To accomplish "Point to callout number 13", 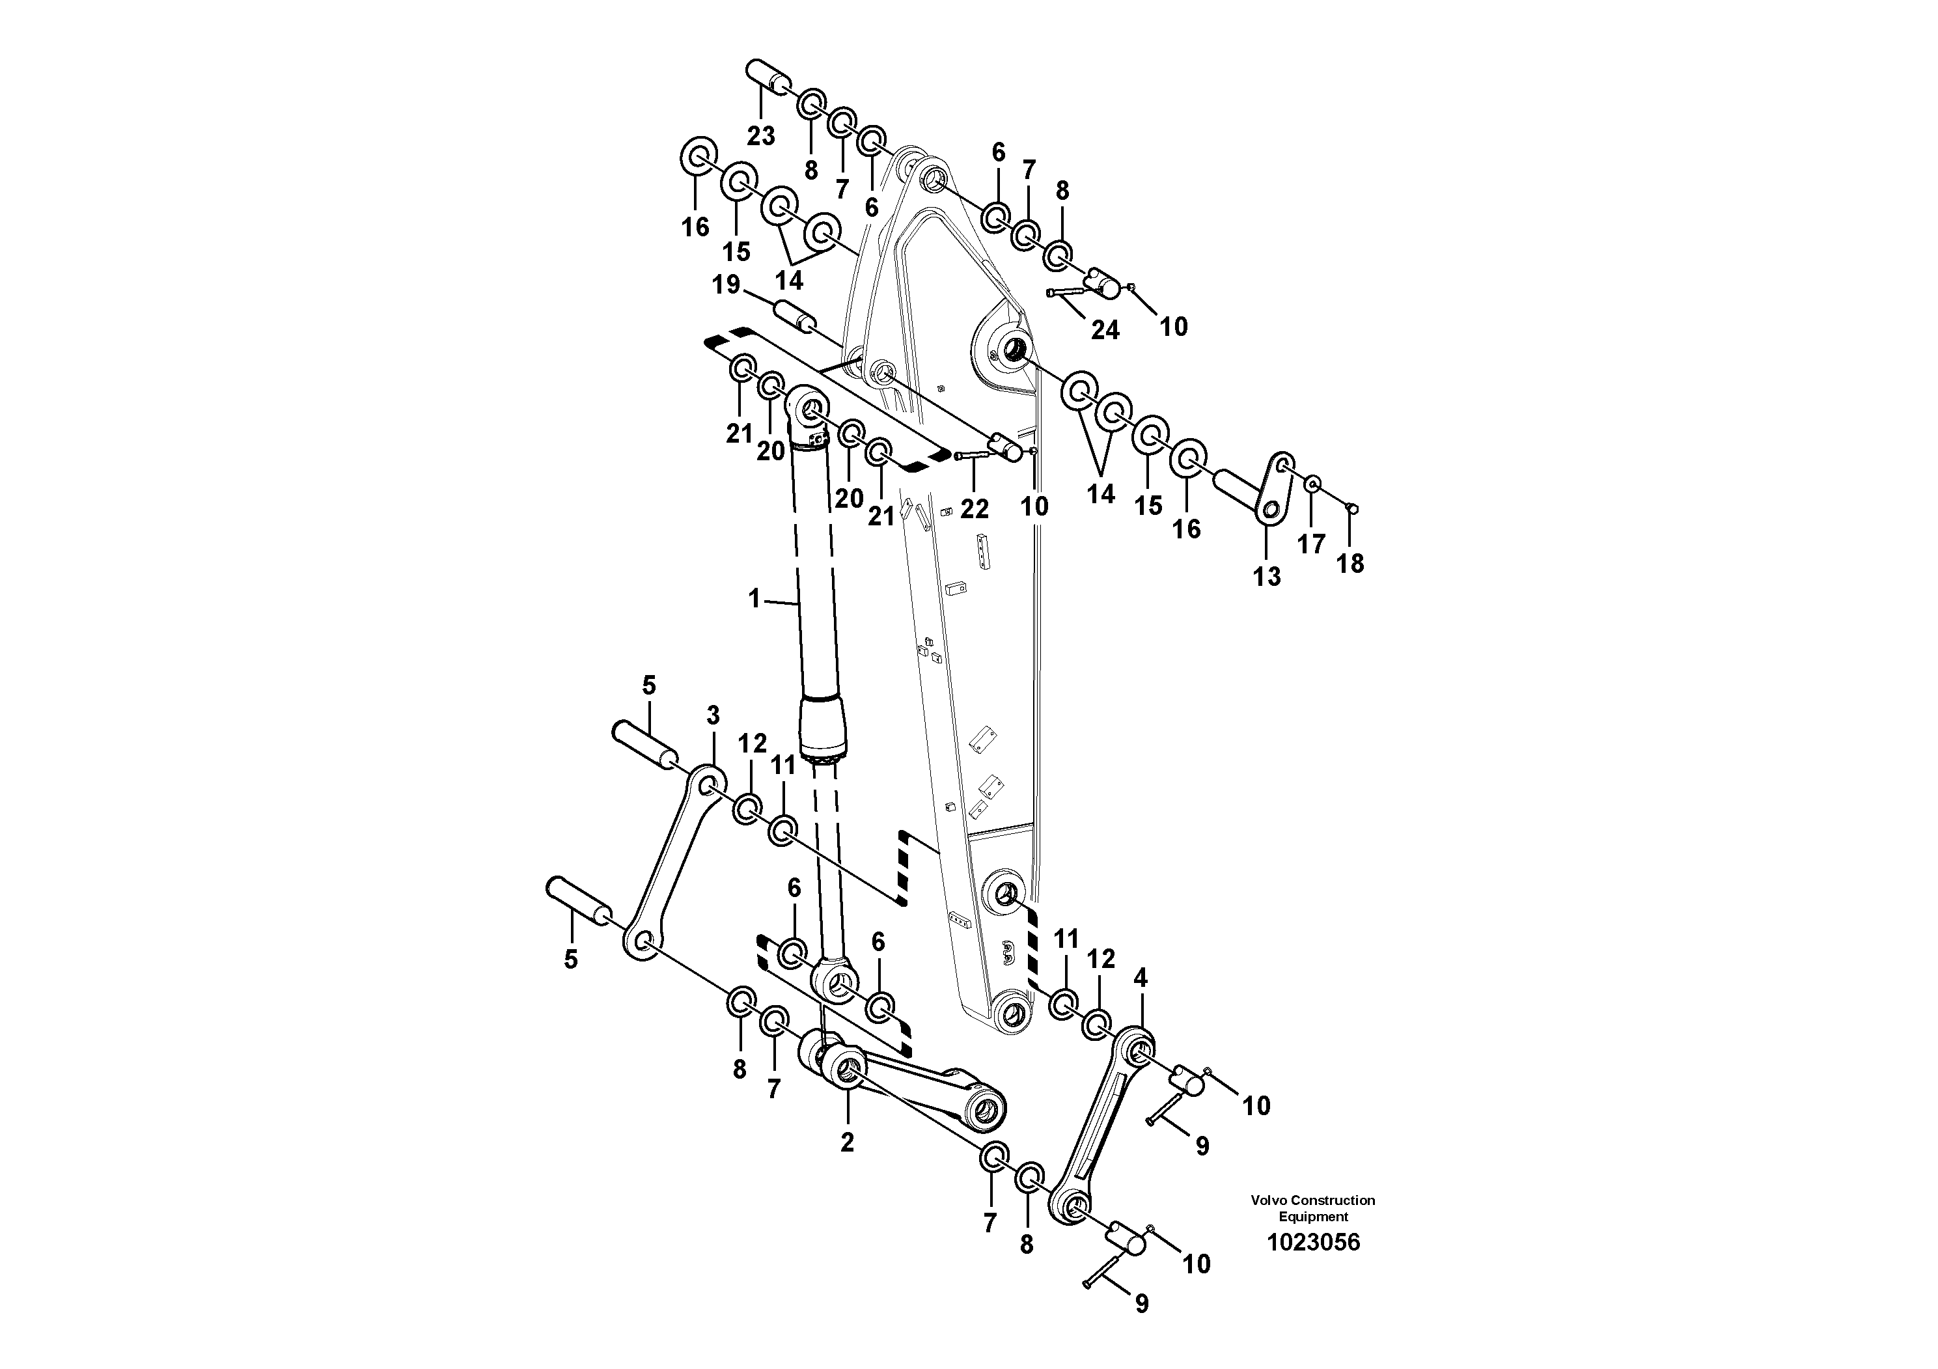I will coord(1266,577).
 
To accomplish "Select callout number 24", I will coord(1105,330).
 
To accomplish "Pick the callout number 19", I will coord(726,284).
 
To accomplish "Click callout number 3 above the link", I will coord(713,715).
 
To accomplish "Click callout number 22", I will coord(974,508).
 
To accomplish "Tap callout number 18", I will coord(1350,563).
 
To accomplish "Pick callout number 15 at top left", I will coord(736,251).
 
